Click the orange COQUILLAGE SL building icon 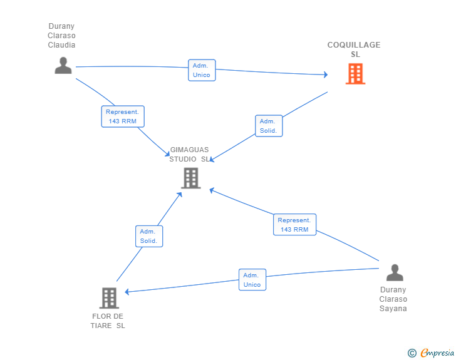355,74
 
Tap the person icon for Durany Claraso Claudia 63,66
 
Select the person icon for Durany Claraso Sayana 395,272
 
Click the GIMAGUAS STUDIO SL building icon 191,178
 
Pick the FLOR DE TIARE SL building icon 109,298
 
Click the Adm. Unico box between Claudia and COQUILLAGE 202,70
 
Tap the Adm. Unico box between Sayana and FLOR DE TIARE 252,279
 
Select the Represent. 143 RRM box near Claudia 123,116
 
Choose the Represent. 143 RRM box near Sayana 294,225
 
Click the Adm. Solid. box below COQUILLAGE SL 269,126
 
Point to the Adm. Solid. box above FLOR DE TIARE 149,236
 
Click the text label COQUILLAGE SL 354,49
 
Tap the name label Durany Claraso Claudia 61,36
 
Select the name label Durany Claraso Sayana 393,299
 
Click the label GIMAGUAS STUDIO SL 189,155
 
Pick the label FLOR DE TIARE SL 108,321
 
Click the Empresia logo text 437,352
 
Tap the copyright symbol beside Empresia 412,353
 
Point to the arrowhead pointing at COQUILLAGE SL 326,75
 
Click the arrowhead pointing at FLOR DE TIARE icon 127,292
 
